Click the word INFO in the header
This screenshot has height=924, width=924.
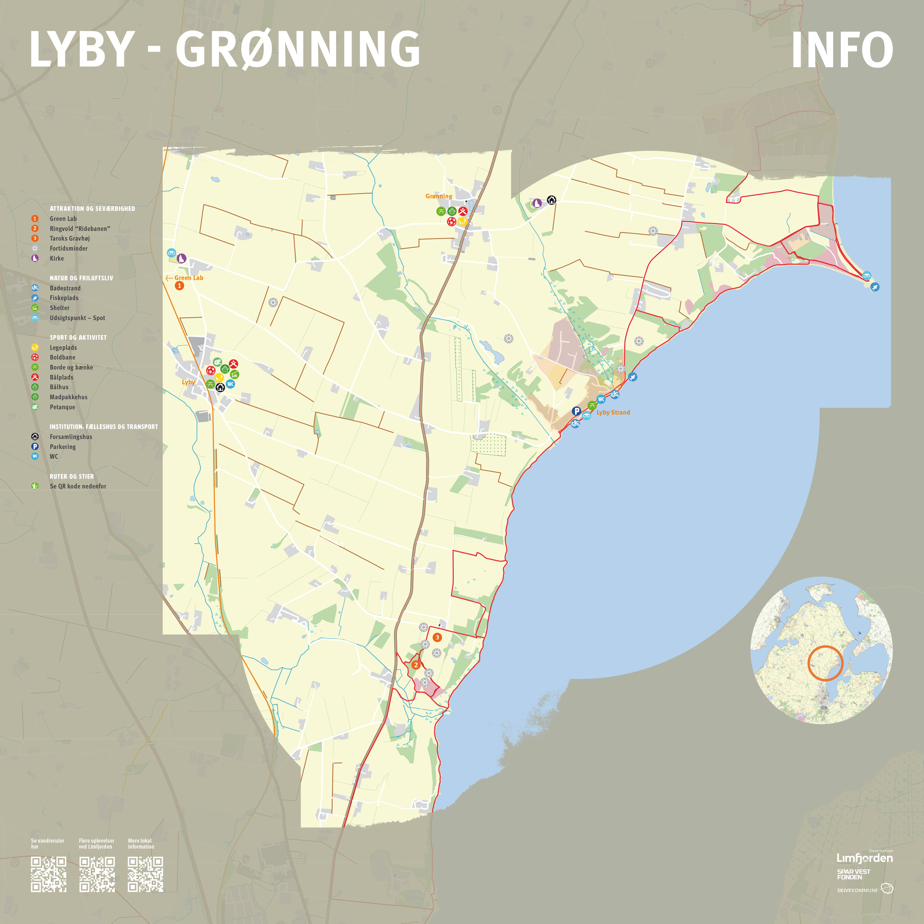pyautogui.click(x=842, y=50)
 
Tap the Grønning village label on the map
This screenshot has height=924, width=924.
pyautogui.click(x=439, y=196)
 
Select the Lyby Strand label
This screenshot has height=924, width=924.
pyautogui.click(x=613, y=412)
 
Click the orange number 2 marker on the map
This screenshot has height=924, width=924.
pyautogui.click(x=416, y=665)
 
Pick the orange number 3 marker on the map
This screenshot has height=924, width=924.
pyautogui.click(x=436, y=637)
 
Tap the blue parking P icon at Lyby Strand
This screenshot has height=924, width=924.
pyautogui.click(x=576, y=411)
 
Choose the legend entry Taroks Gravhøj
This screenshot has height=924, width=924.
pyautogui.click(x=70, y=238)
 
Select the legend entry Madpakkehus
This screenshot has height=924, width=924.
pyautogui.click(x=69, y=397)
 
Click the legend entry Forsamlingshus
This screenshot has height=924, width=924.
pyautogui.click(x=71, y=436)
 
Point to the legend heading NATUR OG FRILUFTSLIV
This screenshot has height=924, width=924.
pyautogui.click(x=81, y=278)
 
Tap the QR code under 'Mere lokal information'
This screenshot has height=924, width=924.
pyautogui.click(x=145, y=874)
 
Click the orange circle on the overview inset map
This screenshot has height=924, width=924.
pyautogui.click(x=825, y=663)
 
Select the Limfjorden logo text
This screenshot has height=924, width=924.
pyautogui.click(x=864, y=858)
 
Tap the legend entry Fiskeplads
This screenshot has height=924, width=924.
pyautogui.click(x=64, y=298)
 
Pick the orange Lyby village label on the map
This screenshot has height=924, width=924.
pyautogui.click(x=188, y=382)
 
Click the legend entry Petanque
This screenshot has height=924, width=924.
pyautogui.click(x=63, y=407)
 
